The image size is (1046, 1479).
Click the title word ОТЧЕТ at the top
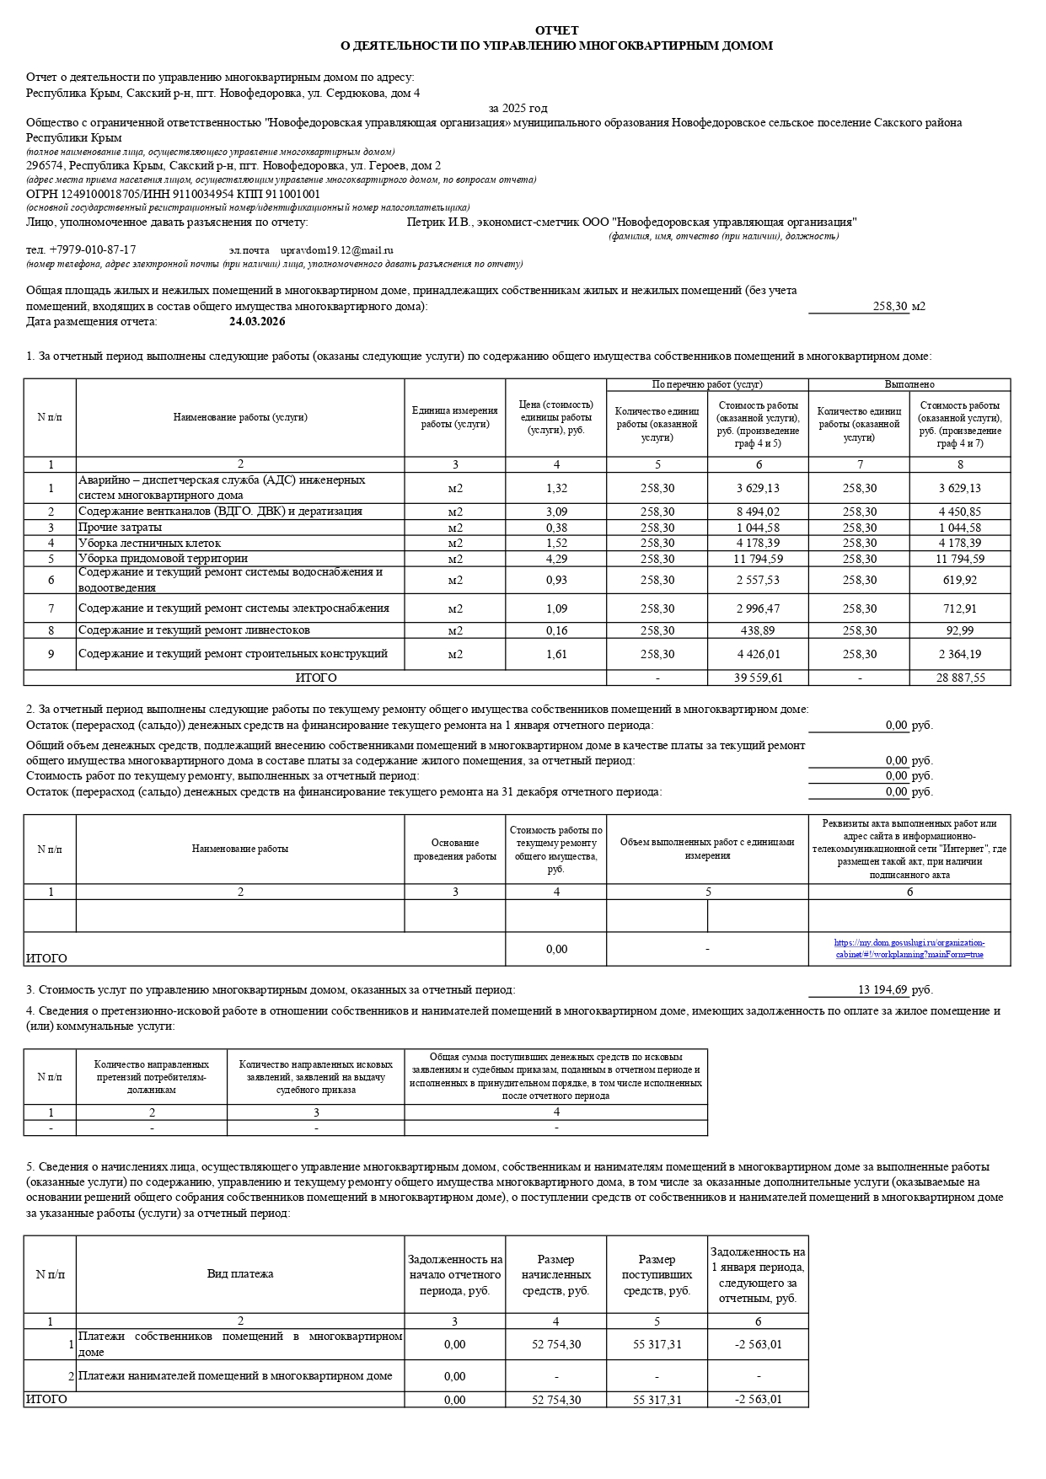click(x=556, y=30)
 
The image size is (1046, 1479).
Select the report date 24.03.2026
click(x=257, y=322)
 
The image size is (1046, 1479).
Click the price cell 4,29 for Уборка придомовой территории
click(x=556, y=559)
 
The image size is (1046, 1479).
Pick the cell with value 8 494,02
click(x=758, y=512)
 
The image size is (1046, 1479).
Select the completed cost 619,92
click(x=960, y=580)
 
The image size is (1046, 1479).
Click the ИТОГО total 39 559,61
click(x=758, y=678)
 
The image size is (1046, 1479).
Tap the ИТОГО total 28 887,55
click(x=960, y=678)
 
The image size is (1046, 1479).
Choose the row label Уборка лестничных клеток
click(x=150, y=544)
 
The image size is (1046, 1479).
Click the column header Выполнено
click(x=909, y=384)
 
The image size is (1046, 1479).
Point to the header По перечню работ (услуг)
click(x=707, y=384)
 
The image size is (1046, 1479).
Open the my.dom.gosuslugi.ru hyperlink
click(x=909, y=949)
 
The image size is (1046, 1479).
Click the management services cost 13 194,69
click(x=882, y=990)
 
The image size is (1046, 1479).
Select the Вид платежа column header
click(x=240, y=1273)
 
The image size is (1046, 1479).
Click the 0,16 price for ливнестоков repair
click(x=556, y=630)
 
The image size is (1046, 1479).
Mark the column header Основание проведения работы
click(x=455, y=849)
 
